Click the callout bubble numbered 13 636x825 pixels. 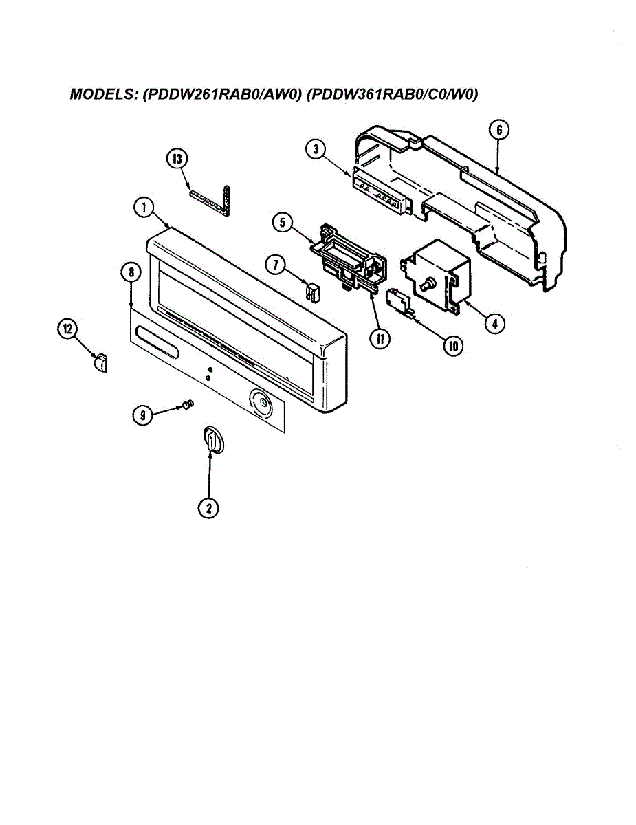tap(177, 159)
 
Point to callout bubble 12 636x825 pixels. tap(67, 330)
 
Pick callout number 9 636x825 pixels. tap(142, 414)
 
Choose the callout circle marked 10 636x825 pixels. tap(452, 346)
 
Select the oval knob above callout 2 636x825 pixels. tap(212, 439)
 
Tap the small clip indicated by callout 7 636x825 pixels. tap(313, 291)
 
